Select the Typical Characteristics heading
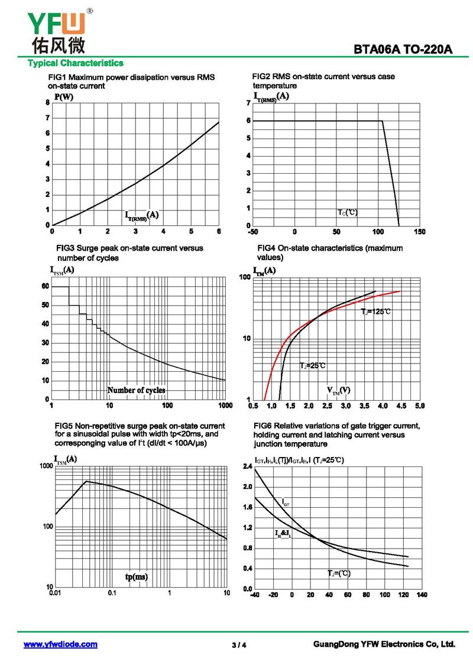coord(76,63)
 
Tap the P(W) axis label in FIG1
coord(64,97)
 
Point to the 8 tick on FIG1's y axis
coord(48,103)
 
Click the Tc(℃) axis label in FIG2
coord(348,212)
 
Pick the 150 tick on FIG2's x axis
coord(420,232)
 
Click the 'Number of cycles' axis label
coord(136,390)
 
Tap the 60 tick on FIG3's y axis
coord(46,286)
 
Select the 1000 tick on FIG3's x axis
coord(225,406)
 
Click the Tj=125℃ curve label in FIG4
coord(376,311)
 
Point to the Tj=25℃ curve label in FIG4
coord(313,365)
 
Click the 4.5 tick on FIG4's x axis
coord(401,406)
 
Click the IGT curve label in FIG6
coord(286,503)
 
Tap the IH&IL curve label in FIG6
coord(283,533)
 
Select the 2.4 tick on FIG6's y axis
coord(248,466)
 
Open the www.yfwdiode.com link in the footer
coord(60,644)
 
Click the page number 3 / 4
coord(239,645)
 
